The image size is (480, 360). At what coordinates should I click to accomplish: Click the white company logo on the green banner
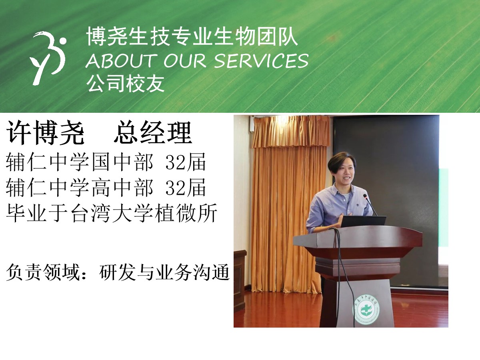tap(48, 58)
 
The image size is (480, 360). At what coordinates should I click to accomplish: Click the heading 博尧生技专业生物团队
tap(192, 36)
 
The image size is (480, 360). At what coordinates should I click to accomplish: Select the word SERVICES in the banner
tap(261, 60)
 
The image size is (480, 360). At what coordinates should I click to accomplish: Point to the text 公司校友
tap(125, 84)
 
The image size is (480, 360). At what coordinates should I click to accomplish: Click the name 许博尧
tap(45, 132)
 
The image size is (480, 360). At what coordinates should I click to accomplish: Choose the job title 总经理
tap(153, 132)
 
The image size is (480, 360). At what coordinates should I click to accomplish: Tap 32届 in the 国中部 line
tap(186, 162)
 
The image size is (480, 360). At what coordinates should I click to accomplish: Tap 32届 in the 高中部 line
tap(186, 187)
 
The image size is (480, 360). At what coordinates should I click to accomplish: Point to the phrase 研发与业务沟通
tap(164, 272)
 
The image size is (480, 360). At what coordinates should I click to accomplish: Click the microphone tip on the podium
tap(365, 196)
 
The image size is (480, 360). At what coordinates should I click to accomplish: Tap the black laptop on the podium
tap(363, 222)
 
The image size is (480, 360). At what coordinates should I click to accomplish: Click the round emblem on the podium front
tap(367, 309)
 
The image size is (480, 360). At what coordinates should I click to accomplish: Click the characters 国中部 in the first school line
tap(122, 162)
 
